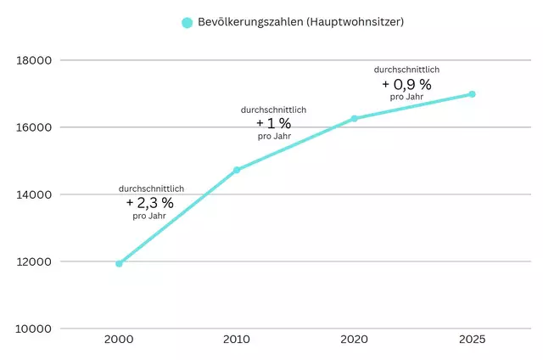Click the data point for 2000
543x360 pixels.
pos(119,263)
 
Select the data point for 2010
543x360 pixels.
pos(237,170)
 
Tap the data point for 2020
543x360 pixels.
pos(355,118)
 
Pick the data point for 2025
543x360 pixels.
pos(473,93)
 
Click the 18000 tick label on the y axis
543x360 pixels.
pos(35,60)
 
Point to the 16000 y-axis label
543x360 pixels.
pos(35,127)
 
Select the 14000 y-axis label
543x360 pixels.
pos(35,194)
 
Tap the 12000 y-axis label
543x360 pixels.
pos(35,262)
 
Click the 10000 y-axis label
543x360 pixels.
pos(35,329)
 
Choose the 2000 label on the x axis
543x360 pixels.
pos(119,340)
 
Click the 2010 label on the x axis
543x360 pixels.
pos(237,340)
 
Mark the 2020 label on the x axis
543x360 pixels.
pos(355,340)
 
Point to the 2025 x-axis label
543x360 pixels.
pos(473,340)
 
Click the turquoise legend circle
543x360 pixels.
pos(188,22)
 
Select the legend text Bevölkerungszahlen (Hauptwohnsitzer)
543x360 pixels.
pos(300,22)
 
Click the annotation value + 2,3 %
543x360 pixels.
pos(150,202)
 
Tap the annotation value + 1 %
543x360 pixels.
pos(273,123)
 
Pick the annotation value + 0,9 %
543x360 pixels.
pos(406,84)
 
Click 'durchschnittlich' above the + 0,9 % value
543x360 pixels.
pos(406,70)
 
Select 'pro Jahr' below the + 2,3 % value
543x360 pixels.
pos(150,216)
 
